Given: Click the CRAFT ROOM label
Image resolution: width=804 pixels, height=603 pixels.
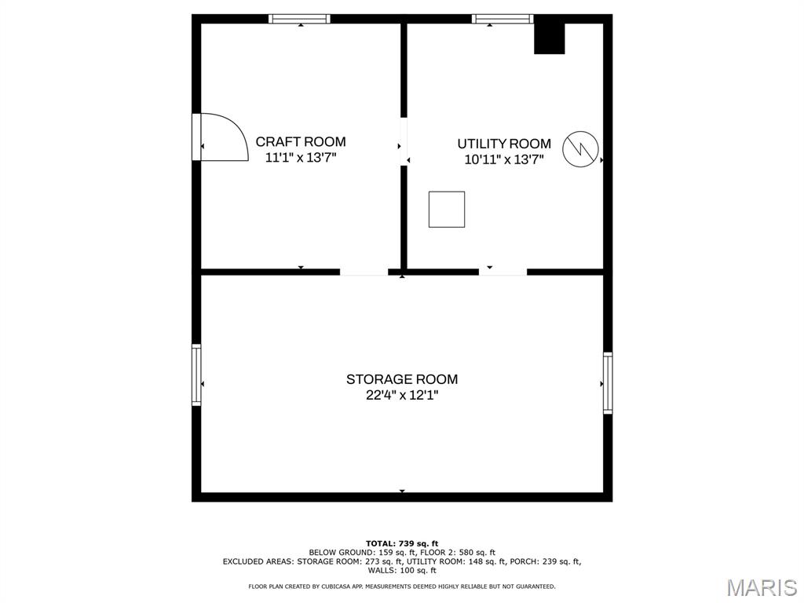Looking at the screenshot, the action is [x=301, y=141].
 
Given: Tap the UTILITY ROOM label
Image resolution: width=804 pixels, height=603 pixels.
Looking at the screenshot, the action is [x=504, y=144].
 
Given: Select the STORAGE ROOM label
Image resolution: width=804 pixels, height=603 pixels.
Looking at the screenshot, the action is [x=402, y=379].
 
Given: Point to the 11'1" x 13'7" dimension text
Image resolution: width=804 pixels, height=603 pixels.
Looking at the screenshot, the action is [x=301, y=157].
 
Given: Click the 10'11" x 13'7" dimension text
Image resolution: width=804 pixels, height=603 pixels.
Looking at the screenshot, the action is [x=504, y=159].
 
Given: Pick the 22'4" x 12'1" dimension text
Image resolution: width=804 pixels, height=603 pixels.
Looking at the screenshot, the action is [x=402, y=395].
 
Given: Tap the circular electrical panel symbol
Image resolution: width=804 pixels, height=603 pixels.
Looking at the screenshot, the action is [x=580, y=149].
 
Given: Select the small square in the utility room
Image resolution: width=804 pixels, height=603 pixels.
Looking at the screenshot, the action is [x=447, y=209].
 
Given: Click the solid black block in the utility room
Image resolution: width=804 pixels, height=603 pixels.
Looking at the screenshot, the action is [x=550, y=38].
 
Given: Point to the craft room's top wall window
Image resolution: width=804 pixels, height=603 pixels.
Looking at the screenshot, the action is [x=299, y=19].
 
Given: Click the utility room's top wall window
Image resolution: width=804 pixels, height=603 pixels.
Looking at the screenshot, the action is [x=502, y=19].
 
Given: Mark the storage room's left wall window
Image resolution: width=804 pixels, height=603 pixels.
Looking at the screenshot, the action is [x=196, y=375].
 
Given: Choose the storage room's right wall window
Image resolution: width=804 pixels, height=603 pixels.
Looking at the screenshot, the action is [x=608, y=382].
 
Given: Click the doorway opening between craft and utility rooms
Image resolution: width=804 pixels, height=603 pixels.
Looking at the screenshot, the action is [x=404, y=141].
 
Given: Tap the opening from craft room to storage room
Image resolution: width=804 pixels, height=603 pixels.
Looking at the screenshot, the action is [x=364, y=272].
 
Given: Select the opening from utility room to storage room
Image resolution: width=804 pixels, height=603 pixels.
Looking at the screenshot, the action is [x=503, y=272].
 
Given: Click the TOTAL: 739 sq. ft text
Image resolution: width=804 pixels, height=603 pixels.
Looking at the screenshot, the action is [x=402, y=543].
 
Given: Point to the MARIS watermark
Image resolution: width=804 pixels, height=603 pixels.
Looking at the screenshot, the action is [x=762, y=587].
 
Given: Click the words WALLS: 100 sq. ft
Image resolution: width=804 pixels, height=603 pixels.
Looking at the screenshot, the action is [x=402, y=570].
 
